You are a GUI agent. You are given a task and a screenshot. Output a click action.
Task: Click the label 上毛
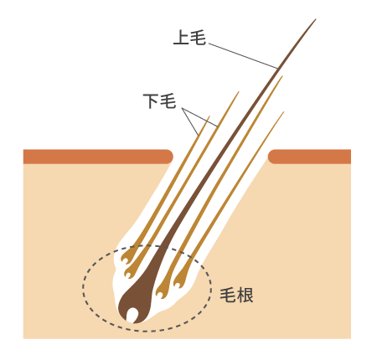point(189,38)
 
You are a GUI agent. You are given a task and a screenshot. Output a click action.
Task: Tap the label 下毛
point(159,101)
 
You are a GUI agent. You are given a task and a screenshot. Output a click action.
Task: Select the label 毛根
point(236,295)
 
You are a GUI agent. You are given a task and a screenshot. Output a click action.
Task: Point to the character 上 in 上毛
point(181,38)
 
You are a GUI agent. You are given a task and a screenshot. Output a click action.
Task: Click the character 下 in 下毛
point(151,101)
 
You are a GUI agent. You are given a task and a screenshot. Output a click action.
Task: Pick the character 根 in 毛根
point(245,295)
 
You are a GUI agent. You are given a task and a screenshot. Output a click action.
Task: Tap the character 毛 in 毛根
point(228,295)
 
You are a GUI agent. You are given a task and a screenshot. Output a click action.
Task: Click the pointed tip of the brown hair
point(316,19)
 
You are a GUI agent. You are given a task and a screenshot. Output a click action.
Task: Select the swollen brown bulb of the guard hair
point(136,304)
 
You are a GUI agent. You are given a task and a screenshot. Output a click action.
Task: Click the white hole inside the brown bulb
point(132,315)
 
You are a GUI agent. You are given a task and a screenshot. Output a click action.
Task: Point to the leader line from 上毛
point(243,56)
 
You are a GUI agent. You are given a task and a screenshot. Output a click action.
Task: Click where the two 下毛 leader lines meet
point(183,108)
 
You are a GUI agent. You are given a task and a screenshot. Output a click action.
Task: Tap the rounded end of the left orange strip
point(170,157)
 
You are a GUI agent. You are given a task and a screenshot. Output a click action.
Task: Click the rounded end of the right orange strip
point(271,157)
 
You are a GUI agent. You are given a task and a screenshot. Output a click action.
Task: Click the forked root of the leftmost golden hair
point(127,256)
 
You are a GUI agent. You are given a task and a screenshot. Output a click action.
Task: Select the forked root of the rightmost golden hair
point(179,280)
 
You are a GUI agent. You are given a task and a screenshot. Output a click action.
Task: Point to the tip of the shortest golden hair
point(209,116)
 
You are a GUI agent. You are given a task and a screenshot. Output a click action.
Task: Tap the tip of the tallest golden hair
point(282,76)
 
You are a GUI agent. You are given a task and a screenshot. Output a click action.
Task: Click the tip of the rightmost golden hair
point(284,112)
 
